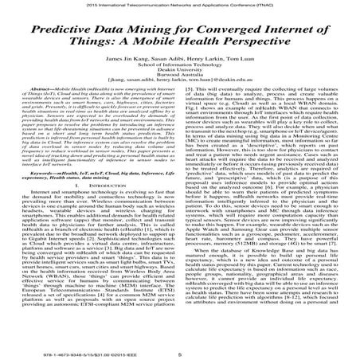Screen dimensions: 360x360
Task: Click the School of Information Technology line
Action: click(179, 71)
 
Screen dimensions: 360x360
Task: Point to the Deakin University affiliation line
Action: click(179, 78)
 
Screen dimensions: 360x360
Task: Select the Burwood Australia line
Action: click(179, 85)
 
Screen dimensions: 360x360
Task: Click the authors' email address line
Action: click(179, 92)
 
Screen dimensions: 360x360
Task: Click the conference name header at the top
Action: click(179, 5)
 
